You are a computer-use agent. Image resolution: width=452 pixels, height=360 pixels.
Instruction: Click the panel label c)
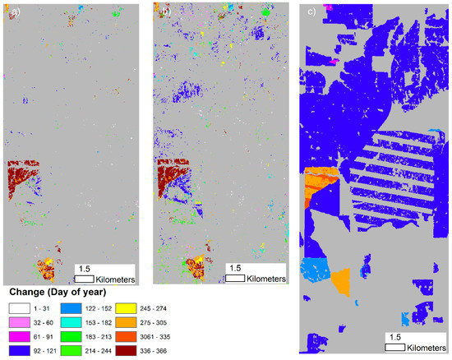[308, 12]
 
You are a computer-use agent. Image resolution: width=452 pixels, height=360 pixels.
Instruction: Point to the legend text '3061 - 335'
[212, 335]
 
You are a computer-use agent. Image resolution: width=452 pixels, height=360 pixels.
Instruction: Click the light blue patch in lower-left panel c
[313, 270]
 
